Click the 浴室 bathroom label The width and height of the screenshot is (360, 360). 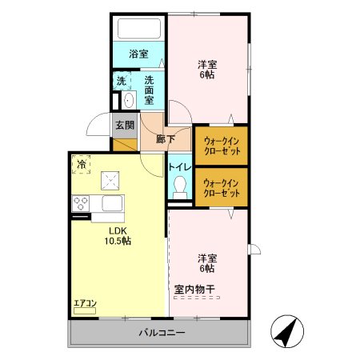pos(138,54)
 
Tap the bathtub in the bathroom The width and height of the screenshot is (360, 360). pos(138,30)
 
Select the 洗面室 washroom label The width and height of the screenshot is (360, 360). pos(150,84)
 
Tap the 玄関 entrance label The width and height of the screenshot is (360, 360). pos(124,125)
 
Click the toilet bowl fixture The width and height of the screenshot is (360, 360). pos(180,189)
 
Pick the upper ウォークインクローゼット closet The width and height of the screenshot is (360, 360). pos(222,146)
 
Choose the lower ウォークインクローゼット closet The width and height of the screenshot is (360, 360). pos(222,188)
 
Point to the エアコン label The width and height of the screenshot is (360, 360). pos(85,302)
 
